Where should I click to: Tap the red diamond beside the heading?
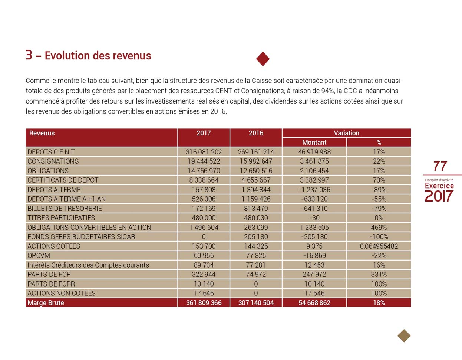point(263,59)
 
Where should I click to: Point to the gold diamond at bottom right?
point(404,336)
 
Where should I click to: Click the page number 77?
point(440,166)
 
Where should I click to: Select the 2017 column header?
point(204,133)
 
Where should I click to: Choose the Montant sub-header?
point(314,143)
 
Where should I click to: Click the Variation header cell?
point(346,133)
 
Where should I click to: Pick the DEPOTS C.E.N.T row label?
point(51,152)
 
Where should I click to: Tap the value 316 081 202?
point(204,152)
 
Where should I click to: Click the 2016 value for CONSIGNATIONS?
point(256,161)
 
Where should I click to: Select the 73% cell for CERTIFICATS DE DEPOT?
point(379,180)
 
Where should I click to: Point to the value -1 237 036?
point(314,190)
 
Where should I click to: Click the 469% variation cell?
point(379,228)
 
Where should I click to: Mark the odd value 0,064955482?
point(379,246)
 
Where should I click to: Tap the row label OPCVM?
point(39,256)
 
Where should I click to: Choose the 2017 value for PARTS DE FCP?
point(204,275)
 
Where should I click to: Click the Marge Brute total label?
point(46,303)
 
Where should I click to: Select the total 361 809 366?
point(204,303)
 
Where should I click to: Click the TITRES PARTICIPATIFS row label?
point(61,218)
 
